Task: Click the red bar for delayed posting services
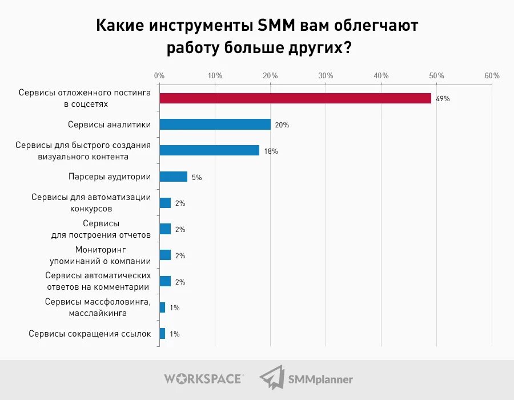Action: click(295, 98)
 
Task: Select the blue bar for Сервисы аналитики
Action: click(215, 125)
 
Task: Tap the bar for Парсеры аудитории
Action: click(173, 177)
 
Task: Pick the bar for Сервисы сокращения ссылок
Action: click(162, 334)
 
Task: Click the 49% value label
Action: click(443, 99)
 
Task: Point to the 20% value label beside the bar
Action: click(282, 125)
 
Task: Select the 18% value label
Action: click(271, 151)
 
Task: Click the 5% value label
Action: click(196, 177)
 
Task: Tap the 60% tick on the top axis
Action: click(492, 75)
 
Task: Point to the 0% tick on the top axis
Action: click(159, 75)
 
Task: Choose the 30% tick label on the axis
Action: click(326, 75)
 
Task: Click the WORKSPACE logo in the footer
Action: click(203, 378)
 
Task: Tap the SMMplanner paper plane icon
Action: click(271, 378)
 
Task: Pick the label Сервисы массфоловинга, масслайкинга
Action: click(98, 307)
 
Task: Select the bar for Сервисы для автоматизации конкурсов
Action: click(165, 203)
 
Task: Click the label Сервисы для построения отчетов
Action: click(101, 229)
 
